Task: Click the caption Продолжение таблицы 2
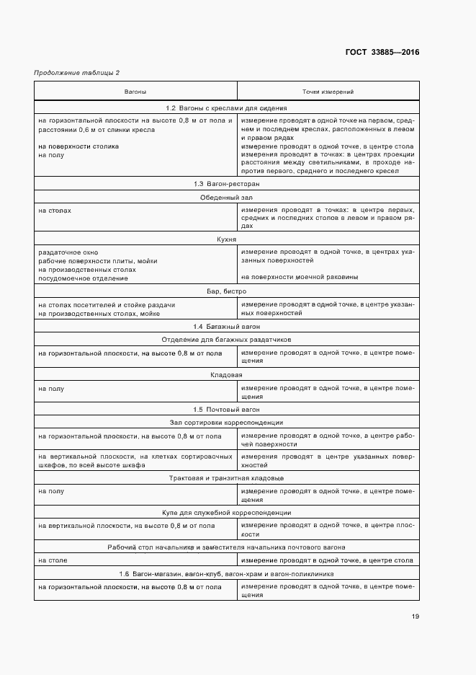[77, 73]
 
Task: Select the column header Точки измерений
[327, 92]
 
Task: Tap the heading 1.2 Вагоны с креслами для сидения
[227, 108]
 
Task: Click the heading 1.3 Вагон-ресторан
[227, 185]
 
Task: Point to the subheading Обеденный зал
[227, 197]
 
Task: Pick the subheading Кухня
[227, 239]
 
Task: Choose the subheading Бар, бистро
[227, 291]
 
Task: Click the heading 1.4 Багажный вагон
[227, 327]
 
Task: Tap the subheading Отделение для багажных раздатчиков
[227, 339]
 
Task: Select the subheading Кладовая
[227, 375]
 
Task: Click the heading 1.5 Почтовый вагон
[227, 410]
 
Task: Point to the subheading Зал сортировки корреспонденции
[227, 423]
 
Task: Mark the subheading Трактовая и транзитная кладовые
[227, 478]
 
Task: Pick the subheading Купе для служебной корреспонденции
[227, 513]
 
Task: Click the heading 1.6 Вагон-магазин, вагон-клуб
[227, 573]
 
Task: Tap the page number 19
[416, 616]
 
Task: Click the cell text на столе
[52, 560]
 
